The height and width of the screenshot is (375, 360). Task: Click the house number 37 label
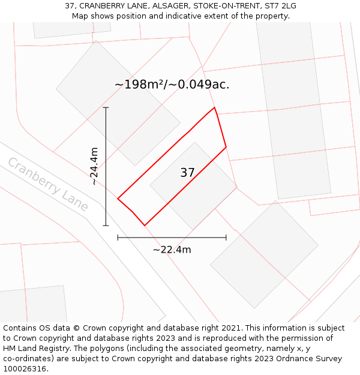[x=187, y=173]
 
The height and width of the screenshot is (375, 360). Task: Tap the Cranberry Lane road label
[x=48, y=184]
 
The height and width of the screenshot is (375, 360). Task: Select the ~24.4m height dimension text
[x=94, y=166]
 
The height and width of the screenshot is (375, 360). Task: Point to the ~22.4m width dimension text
[x=172, y=250]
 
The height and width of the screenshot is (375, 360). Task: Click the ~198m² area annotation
[x=172, y=85]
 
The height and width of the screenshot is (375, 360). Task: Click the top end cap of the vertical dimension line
[x=106, y=107]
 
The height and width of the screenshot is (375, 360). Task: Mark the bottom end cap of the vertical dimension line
[x=106, y=226]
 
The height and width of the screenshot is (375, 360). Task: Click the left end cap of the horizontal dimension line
[x=118, y=238]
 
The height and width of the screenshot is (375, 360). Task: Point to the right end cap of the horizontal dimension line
[x=226, y=238]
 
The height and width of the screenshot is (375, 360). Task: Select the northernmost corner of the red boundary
[x=214, y=107]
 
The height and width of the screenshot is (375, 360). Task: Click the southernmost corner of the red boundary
[x=145, y=226]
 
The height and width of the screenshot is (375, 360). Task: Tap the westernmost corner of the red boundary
[x=118, y=199]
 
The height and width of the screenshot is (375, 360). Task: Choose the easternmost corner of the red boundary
[x=226, y=147]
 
